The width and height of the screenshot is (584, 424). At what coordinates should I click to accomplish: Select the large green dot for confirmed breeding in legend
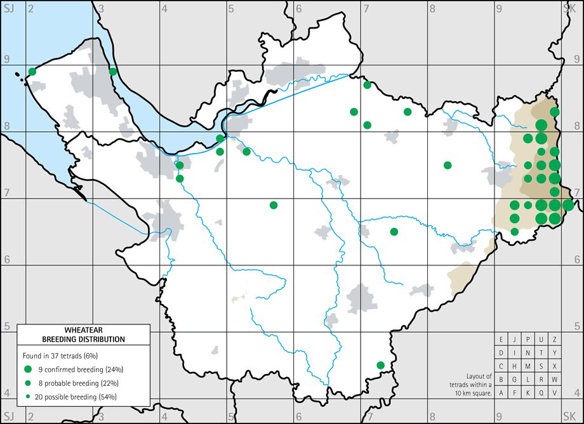pyautogui.click(x=27, y=369)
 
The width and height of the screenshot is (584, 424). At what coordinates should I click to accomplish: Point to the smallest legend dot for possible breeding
pyautogui.click(x=27, y=397)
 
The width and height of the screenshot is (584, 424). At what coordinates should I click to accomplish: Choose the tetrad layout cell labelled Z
pyautogui.click(x=554, y=339)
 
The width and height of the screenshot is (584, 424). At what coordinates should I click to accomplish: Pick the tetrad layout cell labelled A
pyautogui.click(x=501, y=393)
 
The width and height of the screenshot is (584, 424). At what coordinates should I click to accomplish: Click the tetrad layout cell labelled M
pyautogui.click(x=528, y=366)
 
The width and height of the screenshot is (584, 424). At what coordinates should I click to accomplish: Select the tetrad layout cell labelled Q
pyautogui.click(x=541, y=393)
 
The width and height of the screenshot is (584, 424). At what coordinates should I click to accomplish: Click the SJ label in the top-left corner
pyautogui.click(x=8, y=7)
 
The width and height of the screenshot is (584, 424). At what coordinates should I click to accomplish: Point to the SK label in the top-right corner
pyautogui.click(x=569, y=7)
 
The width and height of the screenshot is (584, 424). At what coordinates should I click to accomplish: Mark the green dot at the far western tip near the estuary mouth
pyautogui.click(x=32, y=72)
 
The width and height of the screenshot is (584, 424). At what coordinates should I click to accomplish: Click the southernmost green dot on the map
pyautogui.click(x=380, y=365)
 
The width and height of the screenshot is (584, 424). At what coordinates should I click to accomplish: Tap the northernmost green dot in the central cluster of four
pyautogui.click(x=367, y=85)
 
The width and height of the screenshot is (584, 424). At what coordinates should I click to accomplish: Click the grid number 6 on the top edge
pyautogui.click(x=298, y=8)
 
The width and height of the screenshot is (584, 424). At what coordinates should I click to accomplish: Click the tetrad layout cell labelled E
pyautogui.click(x=501, y=339)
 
